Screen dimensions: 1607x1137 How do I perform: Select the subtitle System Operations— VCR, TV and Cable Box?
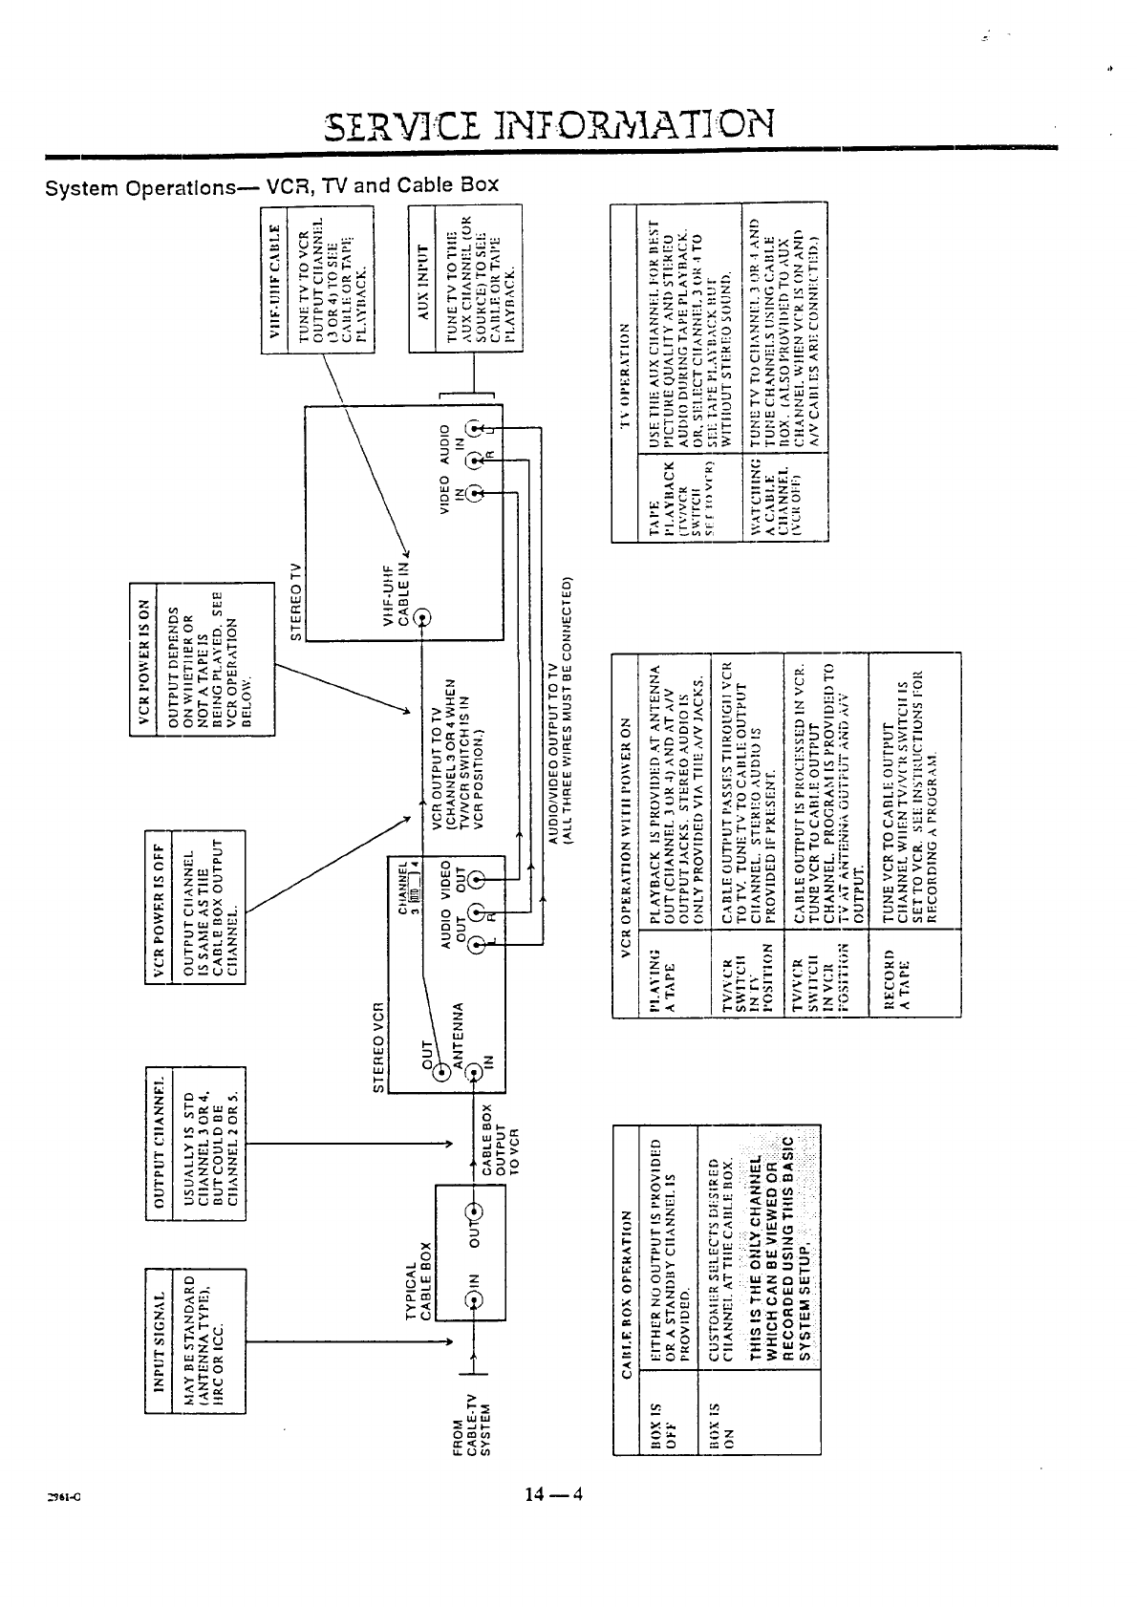[272, 184]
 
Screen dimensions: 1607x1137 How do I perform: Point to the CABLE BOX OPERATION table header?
[626, 1294]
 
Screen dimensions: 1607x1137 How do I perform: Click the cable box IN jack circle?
[472, 1298]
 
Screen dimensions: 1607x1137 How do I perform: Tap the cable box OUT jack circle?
[472, 1214]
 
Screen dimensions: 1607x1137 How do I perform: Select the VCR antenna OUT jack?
[442, 1072]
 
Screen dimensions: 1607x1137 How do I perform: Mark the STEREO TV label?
[297, 602]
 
